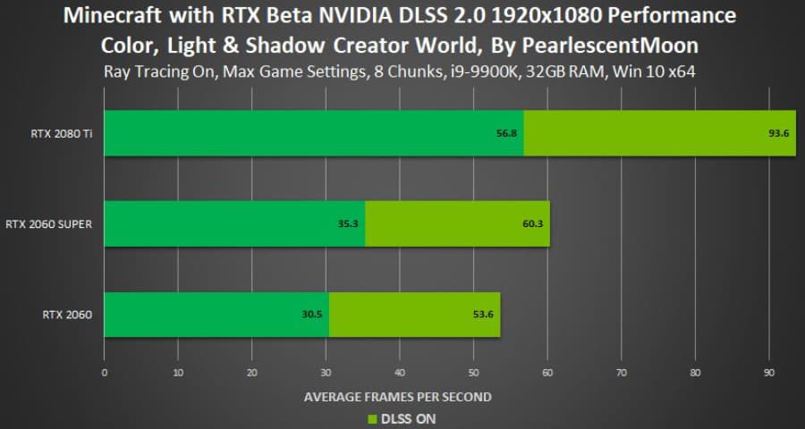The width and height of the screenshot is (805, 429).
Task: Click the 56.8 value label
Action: point(508,133)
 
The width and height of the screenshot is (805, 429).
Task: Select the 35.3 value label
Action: point(348,223)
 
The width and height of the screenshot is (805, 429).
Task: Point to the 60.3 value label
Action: point(532,223)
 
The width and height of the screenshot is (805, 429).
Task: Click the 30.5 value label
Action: point(313,314)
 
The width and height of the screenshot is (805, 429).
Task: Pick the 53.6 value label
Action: point(483,314)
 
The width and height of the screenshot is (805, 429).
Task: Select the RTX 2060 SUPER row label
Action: point(55,223)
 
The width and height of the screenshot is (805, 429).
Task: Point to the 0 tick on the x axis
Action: point(105,374)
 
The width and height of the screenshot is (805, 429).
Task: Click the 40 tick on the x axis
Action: point(400,374)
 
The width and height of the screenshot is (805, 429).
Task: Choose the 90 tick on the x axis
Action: point(769,374)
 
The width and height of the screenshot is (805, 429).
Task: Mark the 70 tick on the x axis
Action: point(622,374)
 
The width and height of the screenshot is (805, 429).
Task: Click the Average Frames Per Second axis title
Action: point(397,396)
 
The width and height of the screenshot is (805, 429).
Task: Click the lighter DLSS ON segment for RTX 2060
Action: point(415,314)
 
